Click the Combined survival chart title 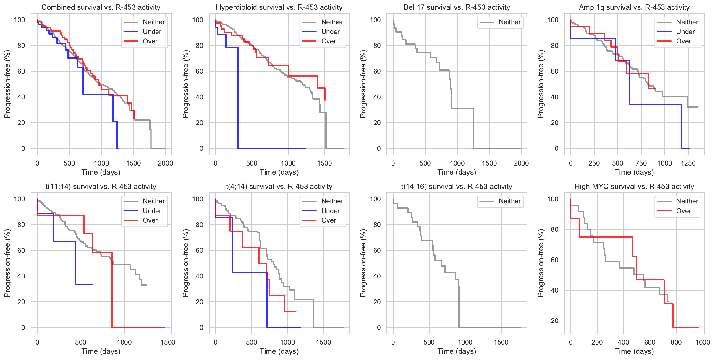(101, 7)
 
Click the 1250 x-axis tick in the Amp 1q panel (688, 163)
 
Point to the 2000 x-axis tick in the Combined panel (165, 163)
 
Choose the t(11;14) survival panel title (101, 187)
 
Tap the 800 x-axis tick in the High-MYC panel (676, 343)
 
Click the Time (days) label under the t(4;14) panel (279, 351)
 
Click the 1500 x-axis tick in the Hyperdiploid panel (324, 163)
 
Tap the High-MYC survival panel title (634, 187)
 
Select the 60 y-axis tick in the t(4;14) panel (200, 251)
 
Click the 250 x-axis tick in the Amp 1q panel (594, 163)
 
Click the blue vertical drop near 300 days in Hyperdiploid (238, 98)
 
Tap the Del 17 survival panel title (457, 7)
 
